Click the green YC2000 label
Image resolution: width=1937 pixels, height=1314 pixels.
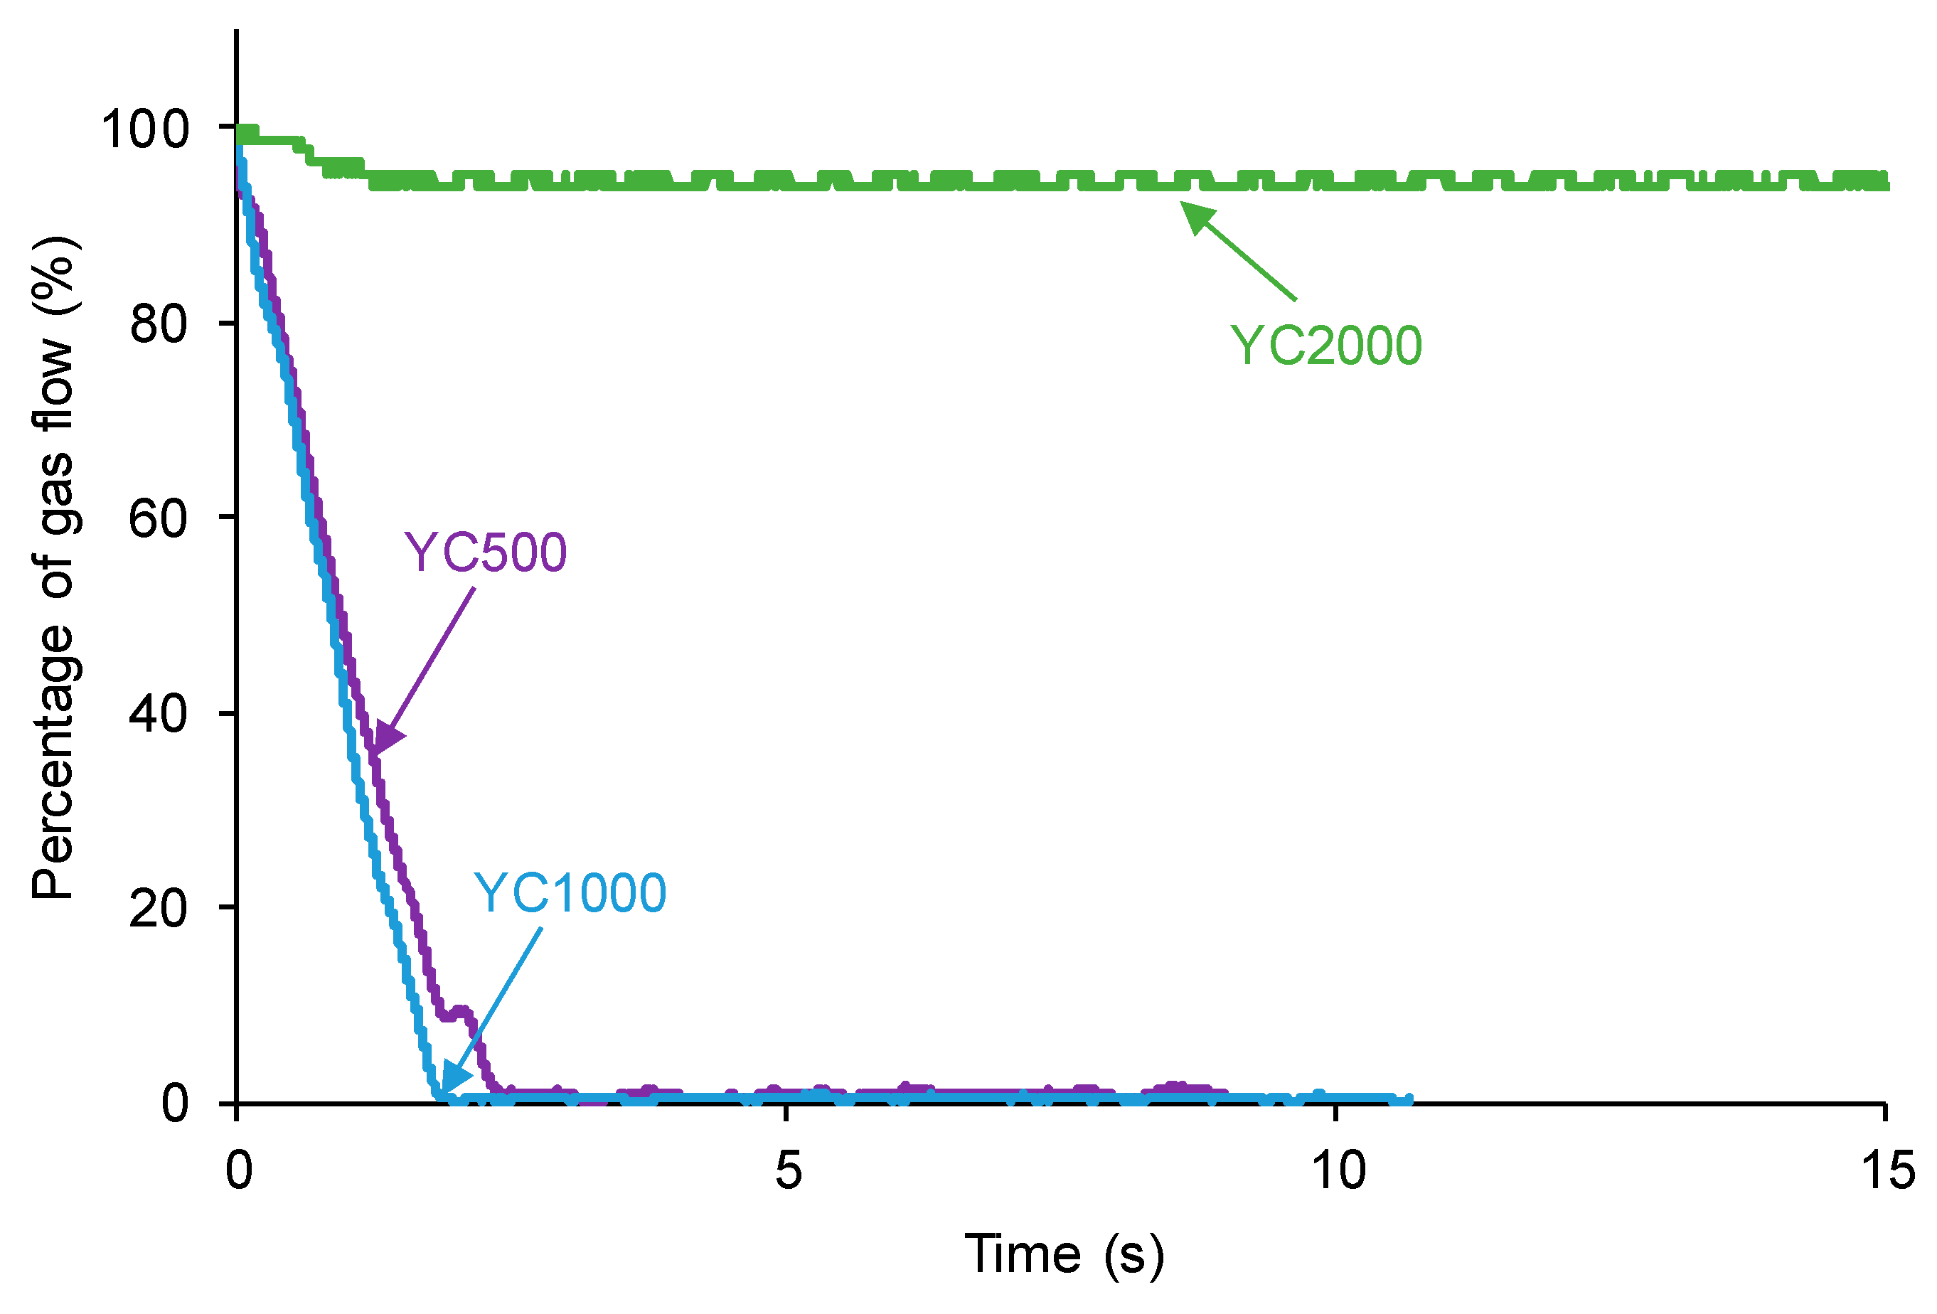pos(1326,346)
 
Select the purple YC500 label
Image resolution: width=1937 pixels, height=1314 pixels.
pos(485,552)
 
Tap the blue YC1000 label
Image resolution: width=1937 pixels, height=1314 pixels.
pos(570,893)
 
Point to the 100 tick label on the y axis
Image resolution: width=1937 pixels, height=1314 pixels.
pos(145,130)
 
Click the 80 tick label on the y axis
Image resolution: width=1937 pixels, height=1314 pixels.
pos(159,324)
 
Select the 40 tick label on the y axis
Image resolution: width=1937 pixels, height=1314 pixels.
pos(159,714)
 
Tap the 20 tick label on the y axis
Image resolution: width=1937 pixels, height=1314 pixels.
pos(159,908)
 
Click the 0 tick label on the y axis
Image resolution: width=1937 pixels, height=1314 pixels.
pos(175,1104)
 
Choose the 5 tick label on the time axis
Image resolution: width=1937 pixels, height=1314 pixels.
pos(788,1170)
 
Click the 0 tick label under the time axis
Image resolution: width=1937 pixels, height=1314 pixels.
pos(239,1170)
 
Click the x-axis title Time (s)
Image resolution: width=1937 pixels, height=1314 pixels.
pos(1064,1255)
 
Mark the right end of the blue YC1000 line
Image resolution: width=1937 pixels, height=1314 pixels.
pos(1408,1100)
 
